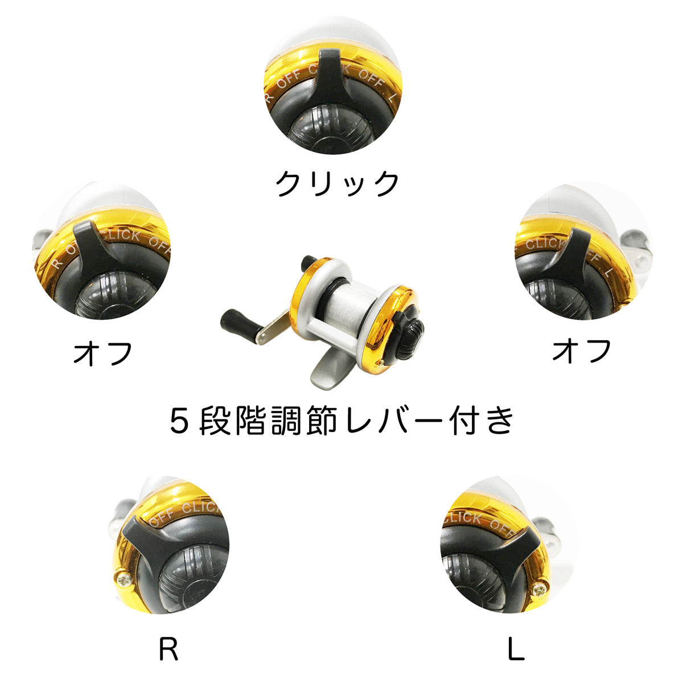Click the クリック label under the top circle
tap(338, 183)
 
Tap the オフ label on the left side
tap(103, 353)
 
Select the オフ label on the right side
tap(581, 351)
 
